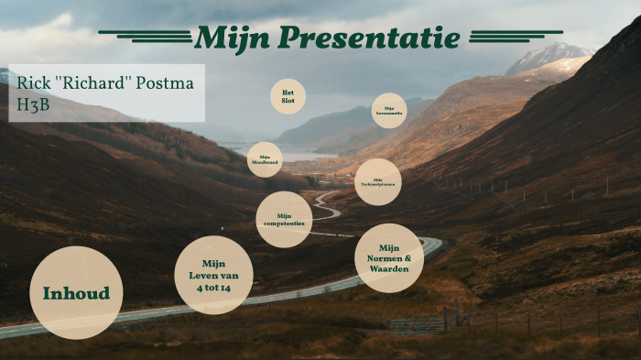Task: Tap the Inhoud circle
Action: click(76, 293)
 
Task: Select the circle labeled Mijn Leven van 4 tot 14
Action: click(213, 275)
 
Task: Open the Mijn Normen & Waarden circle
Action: click(389, 258)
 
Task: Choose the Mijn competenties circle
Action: click(284, 220)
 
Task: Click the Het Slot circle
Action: click(288, 96)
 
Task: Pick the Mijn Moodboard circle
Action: click(266, 159)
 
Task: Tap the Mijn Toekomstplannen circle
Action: click(377, 181)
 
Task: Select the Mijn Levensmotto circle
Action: click(389, 111)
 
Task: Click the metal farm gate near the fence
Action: click(417, 325)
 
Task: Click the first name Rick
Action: click(33, 83)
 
